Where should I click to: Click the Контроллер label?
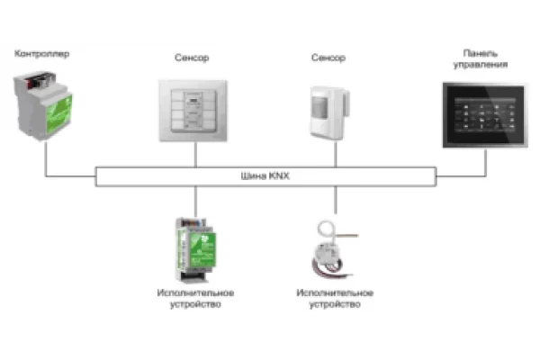click(42, 55)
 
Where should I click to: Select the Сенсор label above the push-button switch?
click(192, 58)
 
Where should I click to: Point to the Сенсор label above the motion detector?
click(328, 58)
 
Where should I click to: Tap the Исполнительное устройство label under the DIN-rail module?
click(195, 299)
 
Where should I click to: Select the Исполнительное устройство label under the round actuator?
click(335, 299)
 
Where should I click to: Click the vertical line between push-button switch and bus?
click(195, 154)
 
